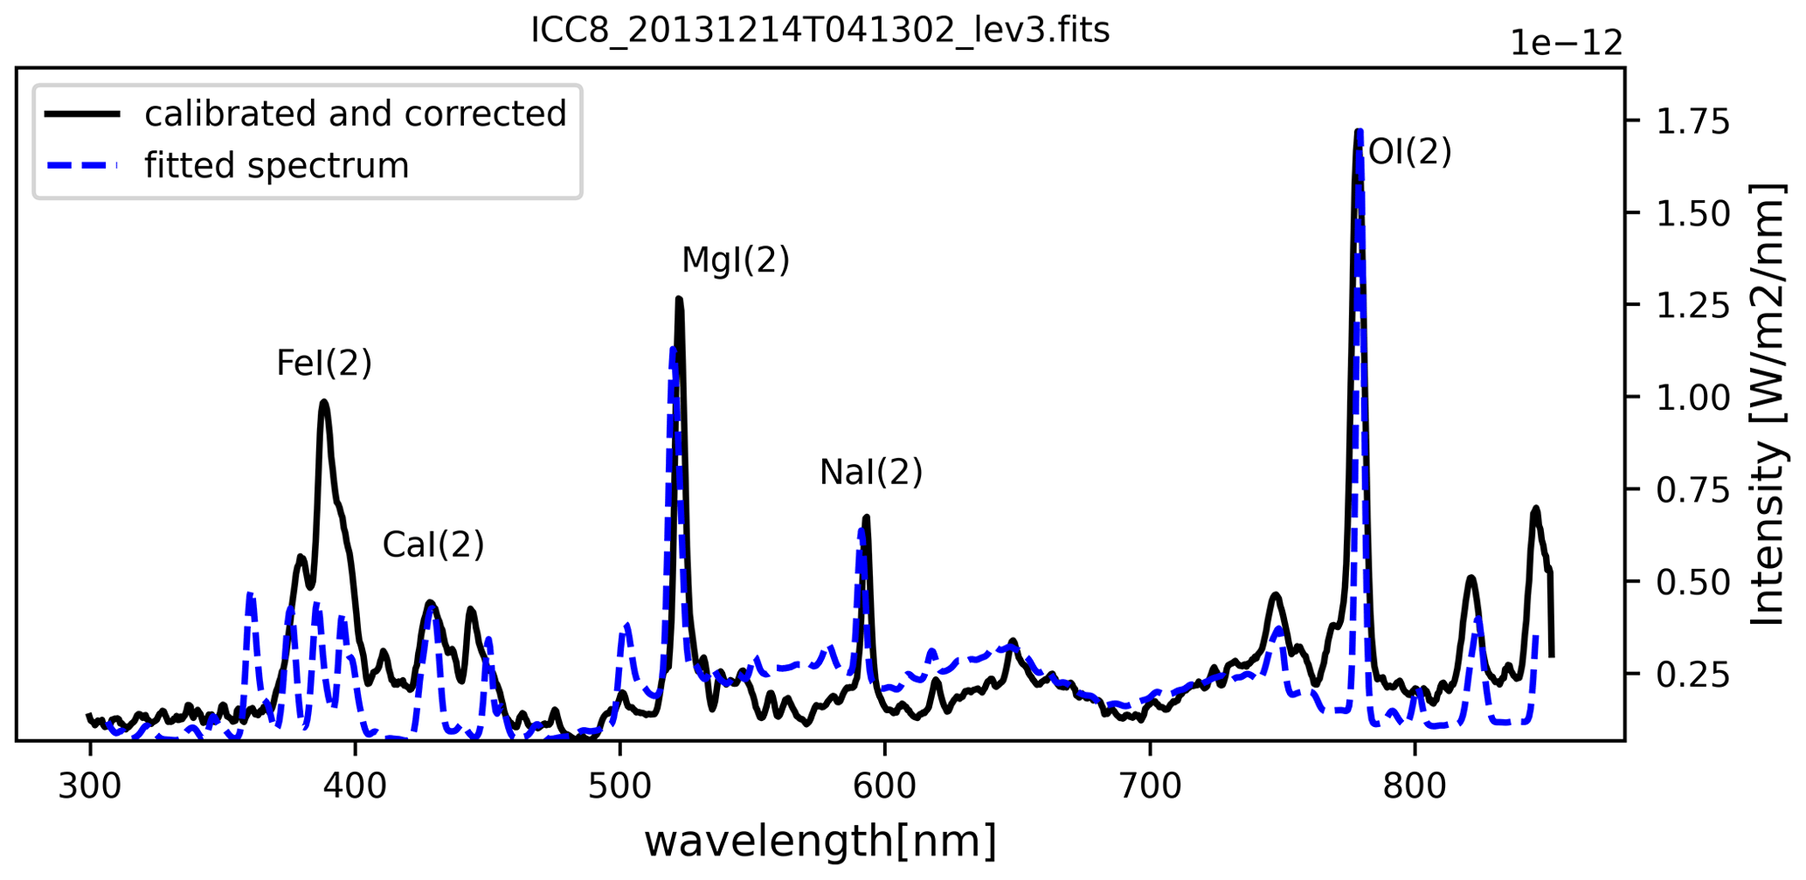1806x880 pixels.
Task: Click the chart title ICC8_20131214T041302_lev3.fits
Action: [820, 31]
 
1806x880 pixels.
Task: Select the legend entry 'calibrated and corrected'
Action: [355, 114]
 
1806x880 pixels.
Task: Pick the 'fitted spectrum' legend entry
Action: [276, 165]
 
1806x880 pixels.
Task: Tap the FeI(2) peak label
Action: [324, 363]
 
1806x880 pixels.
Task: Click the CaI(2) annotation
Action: [433, 544]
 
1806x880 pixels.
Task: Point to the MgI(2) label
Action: [735, 260]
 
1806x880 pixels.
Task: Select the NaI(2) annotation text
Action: [871, 472]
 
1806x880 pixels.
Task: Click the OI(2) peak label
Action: [1409, 152]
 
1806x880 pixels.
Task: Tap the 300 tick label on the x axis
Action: [90, 786]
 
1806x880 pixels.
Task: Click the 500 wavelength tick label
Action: [619, 786]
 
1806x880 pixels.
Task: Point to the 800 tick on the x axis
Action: [1415, 786]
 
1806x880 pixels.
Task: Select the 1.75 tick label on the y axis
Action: [1692, 121]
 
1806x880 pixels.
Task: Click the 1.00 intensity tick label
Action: [1692, 398]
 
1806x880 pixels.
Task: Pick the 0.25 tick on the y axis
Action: [1692, 675]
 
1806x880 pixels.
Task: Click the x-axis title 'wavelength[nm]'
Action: [820, 842]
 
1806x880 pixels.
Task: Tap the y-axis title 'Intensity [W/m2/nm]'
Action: [1768, 404]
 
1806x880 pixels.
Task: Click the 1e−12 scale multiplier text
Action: [1567, 43]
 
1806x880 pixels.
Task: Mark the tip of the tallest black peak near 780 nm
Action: [1358, 132]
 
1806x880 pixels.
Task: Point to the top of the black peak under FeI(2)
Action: [324, 402]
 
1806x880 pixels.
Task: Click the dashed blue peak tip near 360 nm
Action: [251, 594]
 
